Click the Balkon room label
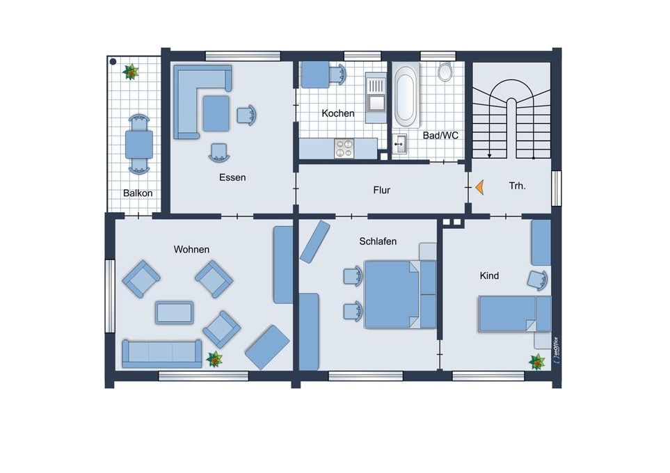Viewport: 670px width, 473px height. coord(138,193)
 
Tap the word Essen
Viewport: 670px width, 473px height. coord(232,177)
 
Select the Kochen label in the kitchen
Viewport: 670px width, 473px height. coord(338,113)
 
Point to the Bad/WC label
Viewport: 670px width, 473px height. coord(440,136)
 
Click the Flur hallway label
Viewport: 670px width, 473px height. coord(381,190)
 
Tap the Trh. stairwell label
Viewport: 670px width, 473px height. coord(518,186)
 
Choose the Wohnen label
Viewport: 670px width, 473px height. coord(191,249)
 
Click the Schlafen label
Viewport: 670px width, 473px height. coord(378,241)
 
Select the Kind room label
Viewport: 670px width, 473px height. coord(489,275)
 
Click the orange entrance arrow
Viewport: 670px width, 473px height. coord(480,187)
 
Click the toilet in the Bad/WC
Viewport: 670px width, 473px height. coord(445,72)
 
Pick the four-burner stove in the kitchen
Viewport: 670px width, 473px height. coord(344,148)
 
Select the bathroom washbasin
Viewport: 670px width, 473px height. coord(400,145)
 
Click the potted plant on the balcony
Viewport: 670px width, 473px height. coord(131,72)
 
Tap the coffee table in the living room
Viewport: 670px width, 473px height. coord(175,312)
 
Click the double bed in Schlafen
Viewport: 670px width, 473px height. coord(400,294)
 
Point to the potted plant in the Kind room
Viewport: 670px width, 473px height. coord(537,362)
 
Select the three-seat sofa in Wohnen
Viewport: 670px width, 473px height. coord(162,353)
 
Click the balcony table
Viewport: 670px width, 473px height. coord(139,145)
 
